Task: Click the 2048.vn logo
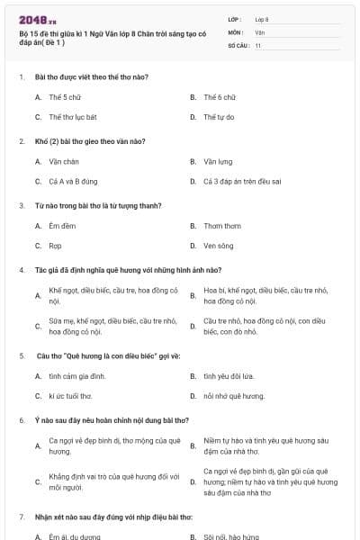pos(38,19)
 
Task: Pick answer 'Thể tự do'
pos(219,117)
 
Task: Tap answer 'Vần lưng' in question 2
pos(218,161)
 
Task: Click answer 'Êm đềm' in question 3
pos(61,226)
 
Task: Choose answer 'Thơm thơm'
pos(221,226)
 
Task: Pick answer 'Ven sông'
pos(219,245)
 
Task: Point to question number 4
pos(21,269)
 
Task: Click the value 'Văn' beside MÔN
pos(259,31)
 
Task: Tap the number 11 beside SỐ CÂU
pos(258,44)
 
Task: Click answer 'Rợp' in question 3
pos(55,245)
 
